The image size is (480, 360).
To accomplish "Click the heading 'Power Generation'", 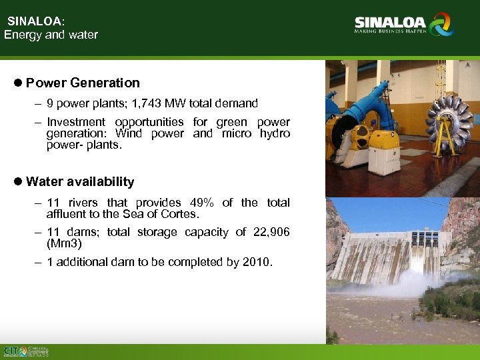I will pyautogui.click(x=83, y=83).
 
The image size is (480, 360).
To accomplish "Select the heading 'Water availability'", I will pyautogui.click(x=80, y=182).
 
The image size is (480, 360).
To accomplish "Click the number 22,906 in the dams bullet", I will pyautogui.click(x=272, y=232).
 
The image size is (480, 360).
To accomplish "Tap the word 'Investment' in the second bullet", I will pyautogui.click(x=76, y=122).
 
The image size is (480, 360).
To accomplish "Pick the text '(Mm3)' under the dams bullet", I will pyautogui.click(x=61, y=243).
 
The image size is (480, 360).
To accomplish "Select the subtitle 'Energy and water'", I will pyautogui.click(x=51, y=35).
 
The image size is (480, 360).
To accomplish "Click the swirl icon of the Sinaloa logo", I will pyautogui.click(x=441, y=25).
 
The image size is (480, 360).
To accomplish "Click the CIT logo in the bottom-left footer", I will pyautogui.click(x=15, y=351).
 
